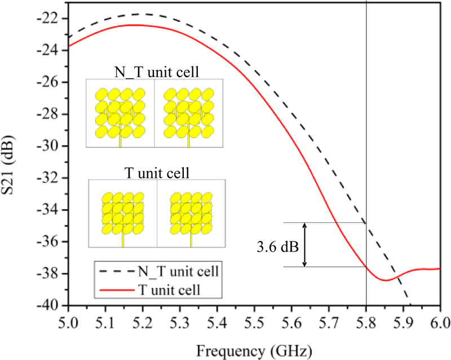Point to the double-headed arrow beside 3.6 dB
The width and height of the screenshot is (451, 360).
(305, 244)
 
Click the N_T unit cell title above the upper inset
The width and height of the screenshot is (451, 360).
(154, 72)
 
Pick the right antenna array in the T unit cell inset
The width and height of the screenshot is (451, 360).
(191, 214)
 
